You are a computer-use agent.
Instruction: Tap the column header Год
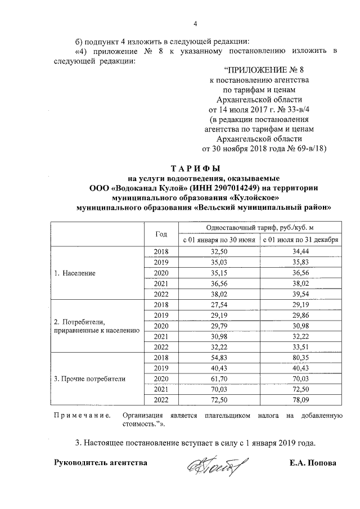(x=161, y=233)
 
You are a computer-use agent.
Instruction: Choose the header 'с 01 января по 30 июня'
(x=219, y=240)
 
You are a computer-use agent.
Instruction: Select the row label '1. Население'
(x=74, y=273)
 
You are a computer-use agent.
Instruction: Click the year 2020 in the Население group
(x=161, y=273)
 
